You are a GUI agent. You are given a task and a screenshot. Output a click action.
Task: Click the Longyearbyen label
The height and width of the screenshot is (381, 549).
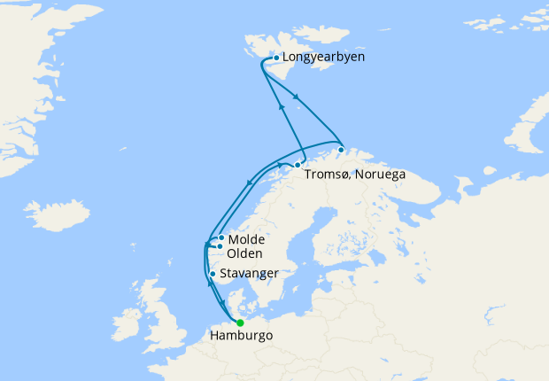click(x=323, y=58)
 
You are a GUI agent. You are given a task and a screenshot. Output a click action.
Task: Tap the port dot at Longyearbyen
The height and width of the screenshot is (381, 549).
click(x=276, y=58)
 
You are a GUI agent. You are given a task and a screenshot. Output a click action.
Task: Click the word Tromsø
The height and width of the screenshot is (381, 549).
click(x=327, y=174)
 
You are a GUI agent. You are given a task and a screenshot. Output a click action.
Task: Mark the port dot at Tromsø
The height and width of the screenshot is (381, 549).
click(x=298, y=165)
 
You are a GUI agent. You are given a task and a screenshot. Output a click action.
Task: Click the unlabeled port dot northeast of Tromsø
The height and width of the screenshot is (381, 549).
click(x=341, y=150)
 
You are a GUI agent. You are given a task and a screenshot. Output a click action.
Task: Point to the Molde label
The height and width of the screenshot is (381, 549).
click(x=246, y=239)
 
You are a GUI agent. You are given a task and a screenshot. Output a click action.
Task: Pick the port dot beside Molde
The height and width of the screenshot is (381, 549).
click(x=220, y=238)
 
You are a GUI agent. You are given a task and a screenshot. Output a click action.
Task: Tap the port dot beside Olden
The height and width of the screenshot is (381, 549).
click(x=220, y=246)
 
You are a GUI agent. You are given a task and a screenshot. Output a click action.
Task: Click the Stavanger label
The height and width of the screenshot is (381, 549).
click(x=250, y=273)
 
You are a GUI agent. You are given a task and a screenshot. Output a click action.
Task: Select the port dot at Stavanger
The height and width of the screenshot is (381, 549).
click(x=213, y=274)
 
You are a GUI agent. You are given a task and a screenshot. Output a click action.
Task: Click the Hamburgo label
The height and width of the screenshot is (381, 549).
click(x=241, y=336)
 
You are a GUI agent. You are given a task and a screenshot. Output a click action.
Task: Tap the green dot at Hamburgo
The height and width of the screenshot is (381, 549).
click(x=240, y=323)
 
